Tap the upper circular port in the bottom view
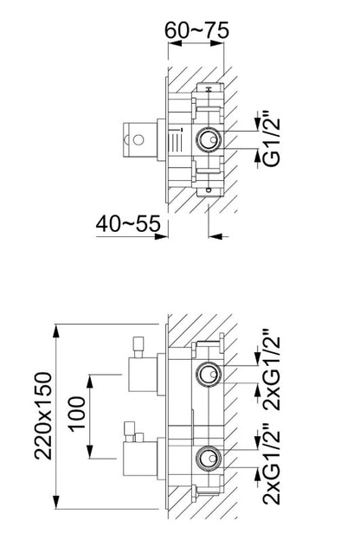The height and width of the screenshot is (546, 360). [208, 374]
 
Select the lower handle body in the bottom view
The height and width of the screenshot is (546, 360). [140, 458]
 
